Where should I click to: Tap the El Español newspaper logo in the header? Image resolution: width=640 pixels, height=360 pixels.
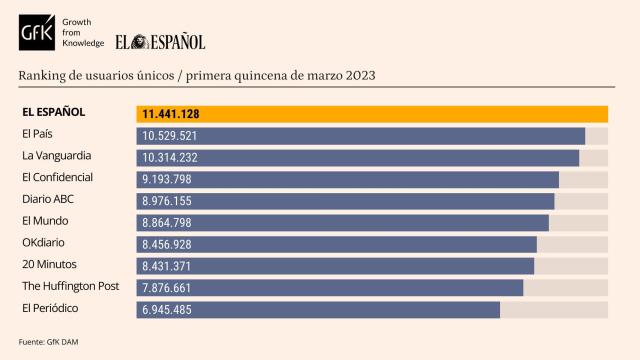click(x=160, y=42)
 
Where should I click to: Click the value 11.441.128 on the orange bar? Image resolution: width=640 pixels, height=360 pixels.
click(x=171, y=114)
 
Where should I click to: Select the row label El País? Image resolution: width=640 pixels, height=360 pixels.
click(x=39, y=133)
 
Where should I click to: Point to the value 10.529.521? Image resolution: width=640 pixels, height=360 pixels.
click(x=170, y=136)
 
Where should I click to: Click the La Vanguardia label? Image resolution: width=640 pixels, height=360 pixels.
click(x=57, y=155)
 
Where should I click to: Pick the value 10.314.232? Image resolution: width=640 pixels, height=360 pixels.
click(x=170, y=158)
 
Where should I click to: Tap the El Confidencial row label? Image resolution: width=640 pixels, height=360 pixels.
click(x=57, y=177)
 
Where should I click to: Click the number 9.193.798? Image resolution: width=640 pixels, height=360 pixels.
click(x=167, y=180)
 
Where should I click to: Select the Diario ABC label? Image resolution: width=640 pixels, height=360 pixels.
click(x=48, y=199)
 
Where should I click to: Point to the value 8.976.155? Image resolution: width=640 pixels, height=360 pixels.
click(x=167, y=201)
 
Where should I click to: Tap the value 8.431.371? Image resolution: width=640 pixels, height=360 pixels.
click(x=167, y=266)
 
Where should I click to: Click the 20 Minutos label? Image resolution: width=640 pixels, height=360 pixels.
click(x=49, y=264)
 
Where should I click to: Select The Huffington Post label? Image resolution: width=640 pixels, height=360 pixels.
click(x=70, y=286)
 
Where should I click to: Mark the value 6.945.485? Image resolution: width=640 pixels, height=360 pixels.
click(x=167, y=310)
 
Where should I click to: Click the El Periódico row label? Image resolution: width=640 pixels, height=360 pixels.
click(x=50, y=308)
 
